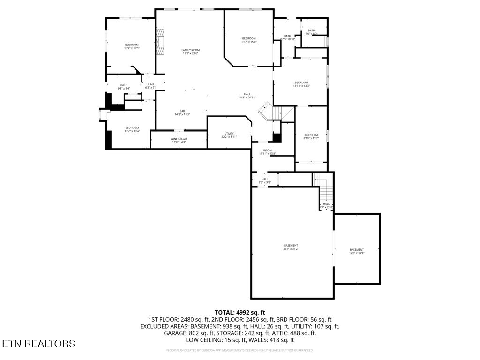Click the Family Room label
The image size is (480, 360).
191,52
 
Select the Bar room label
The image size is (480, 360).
182,112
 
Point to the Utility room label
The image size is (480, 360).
229,135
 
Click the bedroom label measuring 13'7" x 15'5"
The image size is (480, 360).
132,46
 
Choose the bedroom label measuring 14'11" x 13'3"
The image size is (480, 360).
301,84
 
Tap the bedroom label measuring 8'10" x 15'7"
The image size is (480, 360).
311,136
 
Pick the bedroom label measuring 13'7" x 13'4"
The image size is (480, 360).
132,129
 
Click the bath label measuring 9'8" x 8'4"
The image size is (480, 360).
124,87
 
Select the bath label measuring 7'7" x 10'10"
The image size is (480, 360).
287,37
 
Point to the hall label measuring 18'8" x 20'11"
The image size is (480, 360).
247,96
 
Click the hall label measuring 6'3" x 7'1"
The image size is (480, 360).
151,86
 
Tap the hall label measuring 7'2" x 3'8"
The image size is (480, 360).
265,180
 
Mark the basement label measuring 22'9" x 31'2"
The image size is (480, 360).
291,247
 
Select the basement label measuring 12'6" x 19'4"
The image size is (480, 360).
357,251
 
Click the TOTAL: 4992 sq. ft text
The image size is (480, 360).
240,312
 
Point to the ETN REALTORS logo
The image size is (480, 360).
38,344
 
